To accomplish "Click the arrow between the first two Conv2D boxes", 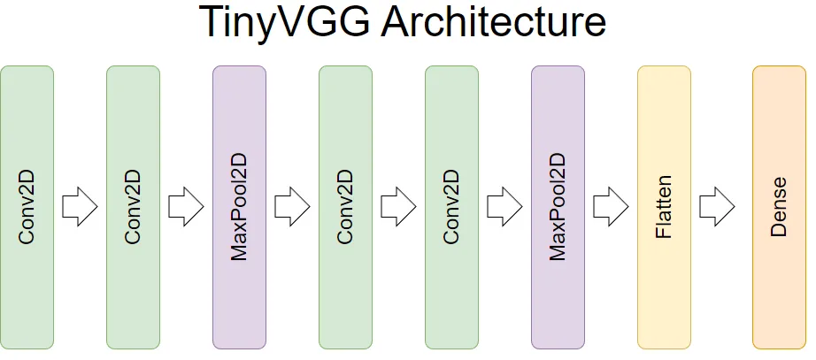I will [80, 208].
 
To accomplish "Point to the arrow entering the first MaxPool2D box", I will [186, 208].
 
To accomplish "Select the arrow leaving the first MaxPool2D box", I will [292, 208].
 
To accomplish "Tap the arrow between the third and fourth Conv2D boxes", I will [398, 208].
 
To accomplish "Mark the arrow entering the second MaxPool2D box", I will [504, 208].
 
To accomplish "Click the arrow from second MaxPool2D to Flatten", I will [611, 208].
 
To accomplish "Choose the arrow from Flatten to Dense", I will [717, 208].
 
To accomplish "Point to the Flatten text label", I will [664, 208].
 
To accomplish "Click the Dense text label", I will [779, 208].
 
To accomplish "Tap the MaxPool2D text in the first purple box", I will [239, 208].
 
